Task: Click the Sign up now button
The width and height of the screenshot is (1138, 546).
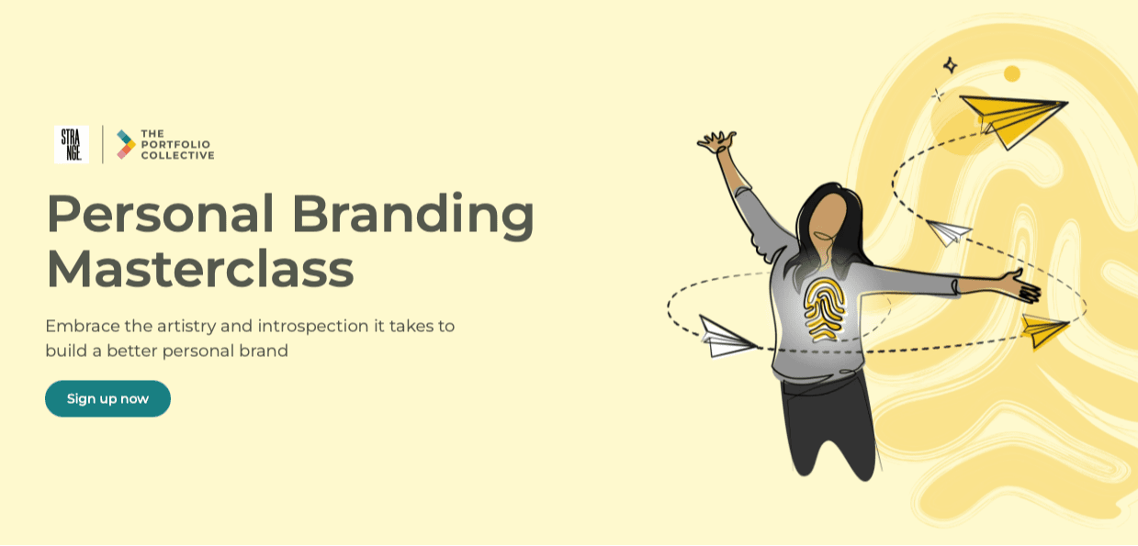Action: point(107,398)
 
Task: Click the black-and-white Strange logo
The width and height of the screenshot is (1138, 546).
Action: point(72,144)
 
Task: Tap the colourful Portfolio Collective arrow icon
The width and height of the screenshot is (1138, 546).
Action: point(126,144)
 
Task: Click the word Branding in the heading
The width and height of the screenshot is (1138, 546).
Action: point(412,215)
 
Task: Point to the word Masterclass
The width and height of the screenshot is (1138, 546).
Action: point(199,269)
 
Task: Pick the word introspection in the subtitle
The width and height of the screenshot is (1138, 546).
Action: point(313,326)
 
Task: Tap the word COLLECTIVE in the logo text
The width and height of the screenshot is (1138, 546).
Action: point(177,156)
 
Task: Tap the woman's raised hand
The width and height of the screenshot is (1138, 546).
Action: point(716,142)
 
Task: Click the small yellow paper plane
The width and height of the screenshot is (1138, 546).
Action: point(1044,329)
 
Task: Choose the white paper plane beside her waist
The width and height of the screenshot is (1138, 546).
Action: point(726,337)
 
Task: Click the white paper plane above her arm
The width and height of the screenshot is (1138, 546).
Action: point(948,231)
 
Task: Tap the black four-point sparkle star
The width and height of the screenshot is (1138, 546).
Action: point(950,65)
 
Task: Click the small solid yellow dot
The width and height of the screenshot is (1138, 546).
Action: point(1012,73)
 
